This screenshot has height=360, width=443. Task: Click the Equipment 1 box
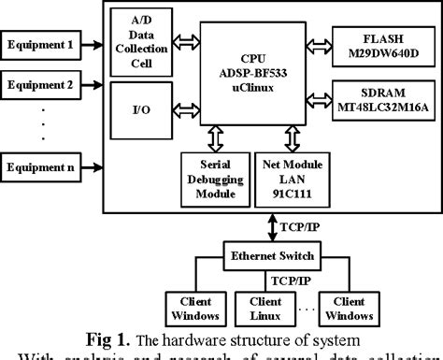40,42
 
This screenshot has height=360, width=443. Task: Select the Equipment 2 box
40,83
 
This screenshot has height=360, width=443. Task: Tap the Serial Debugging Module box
213,179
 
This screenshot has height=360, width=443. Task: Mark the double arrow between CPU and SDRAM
317,98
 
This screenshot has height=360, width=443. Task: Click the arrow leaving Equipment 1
92,42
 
